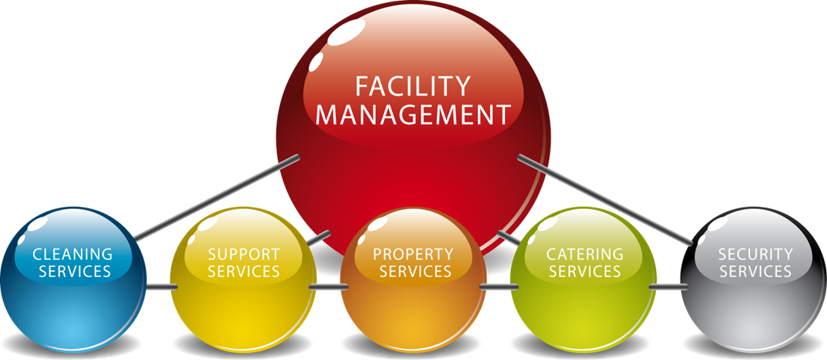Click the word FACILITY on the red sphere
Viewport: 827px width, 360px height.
pyautogui.click(x=412, y=86)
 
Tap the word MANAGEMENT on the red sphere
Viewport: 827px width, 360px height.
pyautogui.click(x=412, y=116)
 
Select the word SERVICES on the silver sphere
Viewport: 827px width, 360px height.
pyautogui.click(x=755, y=271)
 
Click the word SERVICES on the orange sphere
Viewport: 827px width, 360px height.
pyautogui.click(x=415, y=271)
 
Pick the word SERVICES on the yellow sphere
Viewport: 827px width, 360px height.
pyautogui.click(x=244, y=271)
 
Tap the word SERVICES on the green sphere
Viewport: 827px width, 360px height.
pyautogui.click(x=584, y=271)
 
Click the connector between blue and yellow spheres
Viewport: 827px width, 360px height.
pyautogui.click(x=159, y=287)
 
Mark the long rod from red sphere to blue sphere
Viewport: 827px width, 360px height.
pyautogui.click(x=217, y=198)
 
